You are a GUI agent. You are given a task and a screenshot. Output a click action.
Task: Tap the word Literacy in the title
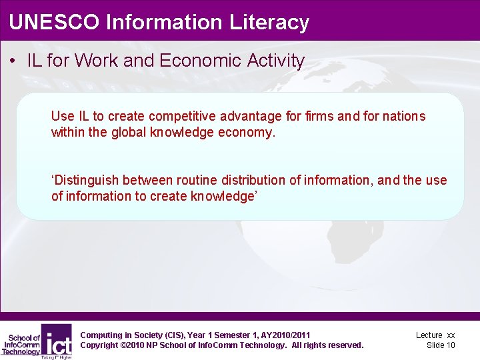(269, 22)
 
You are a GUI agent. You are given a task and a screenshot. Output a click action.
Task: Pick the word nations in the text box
(403, 116)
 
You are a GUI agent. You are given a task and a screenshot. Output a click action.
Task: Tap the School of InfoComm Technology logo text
(21, 344)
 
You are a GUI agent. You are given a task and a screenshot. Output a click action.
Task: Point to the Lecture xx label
(435, 335)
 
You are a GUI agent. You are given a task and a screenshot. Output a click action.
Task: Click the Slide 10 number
(441, 345)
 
